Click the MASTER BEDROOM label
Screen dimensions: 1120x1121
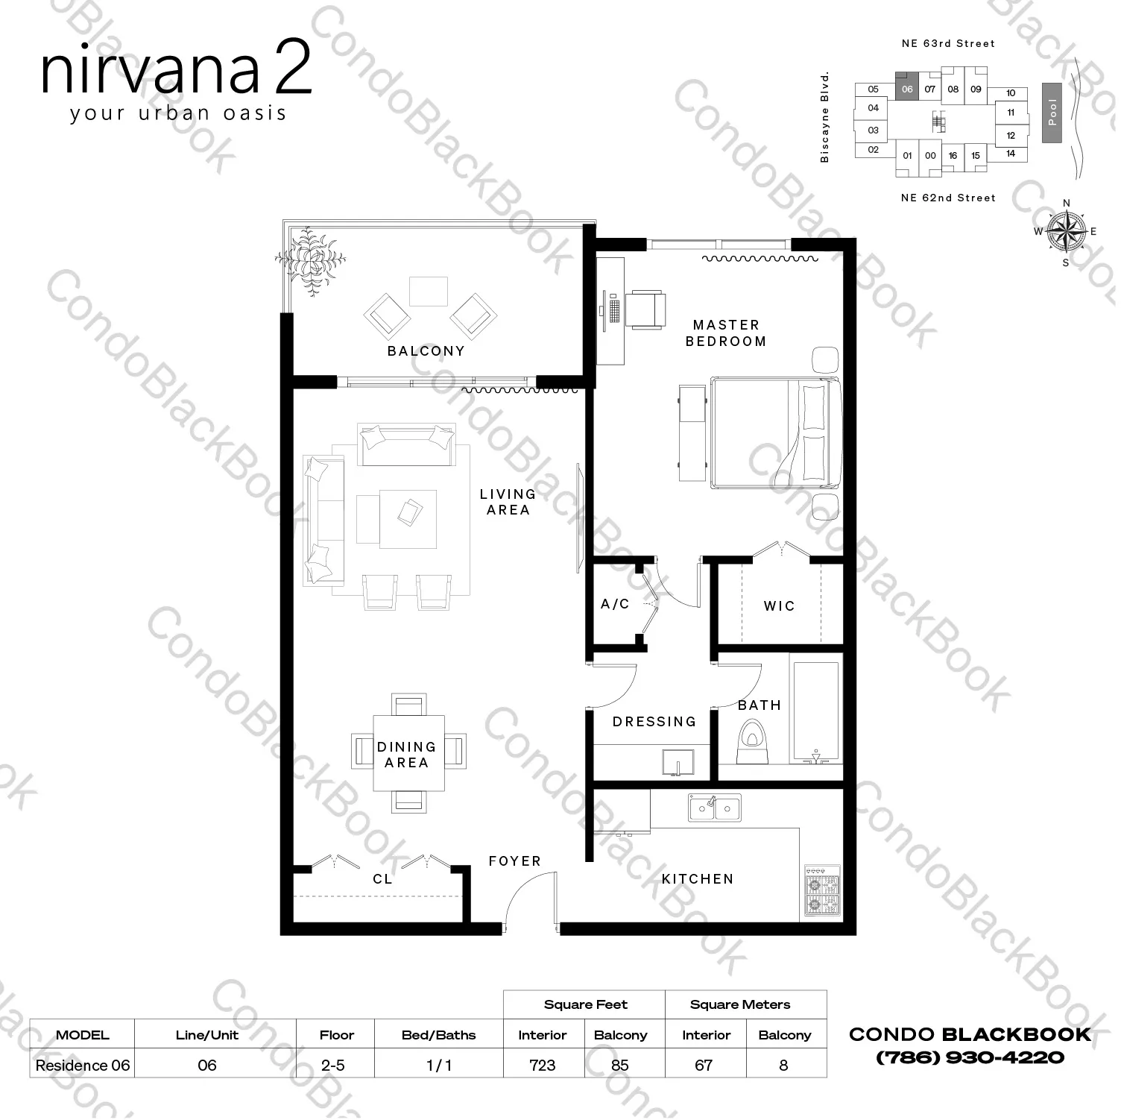725,333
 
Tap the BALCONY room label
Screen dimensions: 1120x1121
426,351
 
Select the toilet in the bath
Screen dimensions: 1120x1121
752,742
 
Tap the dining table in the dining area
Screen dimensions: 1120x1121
408,753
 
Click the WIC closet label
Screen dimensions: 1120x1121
779,606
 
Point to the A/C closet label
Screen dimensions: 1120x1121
615,604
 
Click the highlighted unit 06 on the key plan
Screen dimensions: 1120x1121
906,89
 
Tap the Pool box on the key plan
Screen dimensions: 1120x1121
1052,112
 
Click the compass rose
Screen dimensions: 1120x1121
1066,231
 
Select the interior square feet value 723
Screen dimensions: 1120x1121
542,1065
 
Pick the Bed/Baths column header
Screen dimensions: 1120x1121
438,1035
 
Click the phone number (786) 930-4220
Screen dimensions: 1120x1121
970,1057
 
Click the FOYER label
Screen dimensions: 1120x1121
514,861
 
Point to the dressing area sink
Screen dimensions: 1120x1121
678,764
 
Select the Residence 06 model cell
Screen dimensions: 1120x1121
82,1065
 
